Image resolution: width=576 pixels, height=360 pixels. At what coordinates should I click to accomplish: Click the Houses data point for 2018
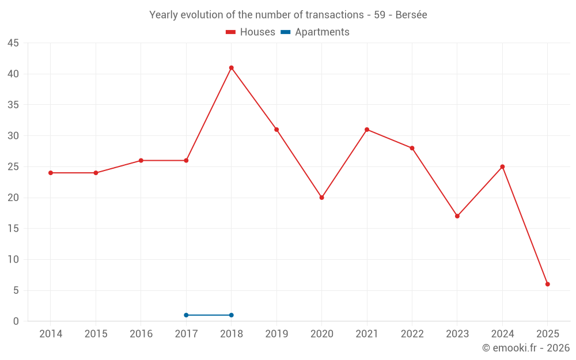pos(232,68)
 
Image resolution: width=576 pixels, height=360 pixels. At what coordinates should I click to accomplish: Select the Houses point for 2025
pos(548,284)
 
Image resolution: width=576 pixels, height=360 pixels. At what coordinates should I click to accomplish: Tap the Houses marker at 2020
pos(322,198)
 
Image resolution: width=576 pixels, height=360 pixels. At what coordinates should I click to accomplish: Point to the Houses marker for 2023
pos(457,216)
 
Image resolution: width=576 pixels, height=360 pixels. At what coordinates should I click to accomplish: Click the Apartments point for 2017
pos(186,315)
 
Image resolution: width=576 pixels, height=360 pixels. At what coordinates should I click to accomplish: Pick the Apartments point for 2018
pos(232,315)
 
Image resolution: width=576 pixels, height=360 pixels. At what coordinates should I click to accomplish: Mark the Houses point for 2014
pos(51,173)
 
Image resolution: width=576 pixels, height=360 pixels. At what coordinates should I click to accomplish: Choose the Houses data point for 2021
pos(367,130)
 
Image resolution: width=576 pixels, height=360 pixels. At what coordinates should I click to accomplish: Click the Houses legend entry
pos(251,32)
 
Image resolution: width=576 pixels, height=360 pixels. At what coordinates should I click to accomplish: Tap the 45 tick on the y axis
pos(13,43)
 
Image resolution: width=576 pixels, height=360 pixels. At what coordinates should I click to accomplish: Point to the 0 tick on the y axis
pos(16,321)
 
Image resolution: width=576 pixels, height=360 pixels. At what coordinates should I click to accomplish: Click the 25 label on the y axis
pos(13,167)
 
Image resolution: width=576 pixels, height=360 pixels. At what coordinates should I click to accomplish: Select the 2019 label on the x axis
pos(276,334)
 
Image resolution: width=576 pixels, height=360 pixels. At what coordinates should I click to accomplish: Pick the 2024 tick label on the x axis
pos(502,334)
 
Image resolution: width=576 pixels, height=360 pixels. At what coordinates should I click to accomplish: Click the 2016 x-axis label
pos(141,334)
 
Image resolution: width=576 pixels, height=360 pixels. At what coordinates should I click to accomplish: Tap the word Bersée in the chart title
pos(411,15)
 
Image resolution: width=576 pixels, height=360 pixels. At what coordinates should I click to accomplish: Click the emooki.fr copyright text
pos(525,348)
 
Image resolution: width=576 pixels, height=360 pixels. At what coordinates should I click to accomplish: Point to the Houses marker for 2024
pos(502,167)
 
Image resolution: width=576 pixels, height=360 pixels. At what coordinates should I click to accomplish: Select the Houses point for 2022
pos(412,148)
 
